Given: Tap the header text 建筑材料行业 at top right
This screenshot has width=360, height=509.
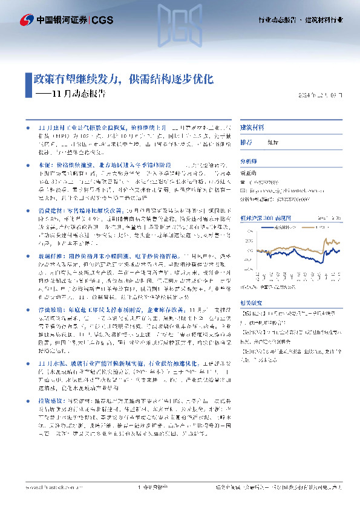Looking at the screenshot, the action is [327, 20].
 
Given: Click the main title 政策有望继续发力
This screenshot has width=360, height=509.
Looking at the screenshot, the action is [79, 79].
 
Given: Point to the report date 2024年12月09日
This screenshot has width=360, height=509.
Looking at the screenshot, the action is [325, 96].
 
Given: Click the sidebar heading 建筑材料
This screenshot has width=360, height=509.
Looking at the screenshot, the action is [252, 128].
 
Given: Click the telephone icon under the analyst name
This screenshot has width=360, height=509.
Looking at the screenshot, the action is [243, 181].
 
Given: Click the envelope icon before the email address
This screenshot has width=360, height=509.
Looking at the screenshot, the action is [243, 189].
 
